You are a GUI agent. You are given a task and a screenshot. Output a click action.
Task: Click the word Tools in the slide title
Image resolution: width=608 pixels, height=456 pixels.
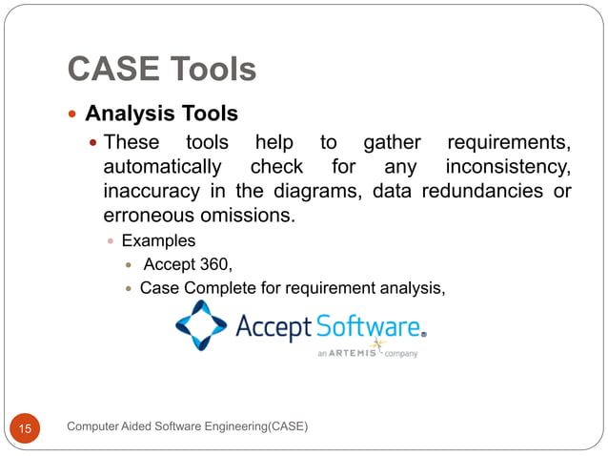tap(212, 70)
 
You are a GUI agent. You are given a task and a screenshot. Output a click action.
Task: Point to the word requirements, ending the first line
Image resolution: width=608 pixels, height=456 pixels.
tap(508, 143)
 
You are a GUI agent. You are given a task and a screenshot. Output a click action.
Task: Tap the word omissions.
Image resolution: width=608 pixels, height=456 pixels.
tap(253, 217)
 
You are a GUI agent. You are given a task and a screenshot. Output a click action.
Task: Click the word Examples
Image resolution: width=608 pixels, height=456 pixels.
tap(158, 241)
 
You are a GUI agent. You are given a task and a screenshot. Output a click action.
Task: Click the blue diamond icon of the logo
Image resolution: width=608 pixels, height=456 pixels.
tap(201, 326)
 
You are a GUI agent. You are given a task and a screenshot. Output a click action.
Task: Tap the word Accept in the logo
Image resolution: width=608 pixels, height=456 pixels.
tap(274, 328)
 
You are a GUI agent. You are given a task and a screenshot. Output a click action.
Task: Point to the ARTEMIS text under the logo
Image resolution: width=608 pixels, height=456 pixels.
tap(358, 352)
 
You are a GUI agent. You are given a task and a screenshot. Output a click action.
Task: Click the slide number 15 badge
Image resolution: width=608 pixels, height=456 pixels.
tap(25, 429)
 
